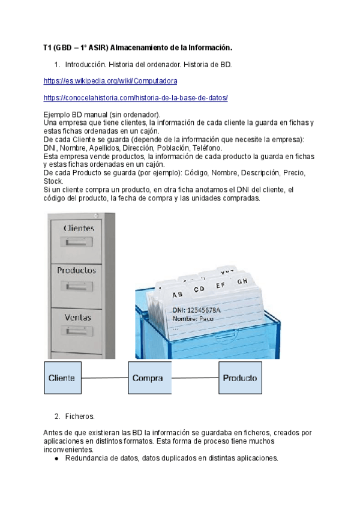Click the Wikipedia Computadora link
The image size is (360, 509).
coord(110,80)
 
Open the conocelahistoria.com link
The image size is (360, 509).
coord(136,97)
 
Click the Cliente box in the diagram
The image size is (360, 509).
coord(61,378)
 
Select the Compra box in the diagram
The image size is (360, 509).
coord(147,378)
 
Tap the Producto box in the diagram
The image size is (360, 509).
coord(240,378)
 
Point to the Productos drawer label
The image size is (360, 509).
coord(77,270)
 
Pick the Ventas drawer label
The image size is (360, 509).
coord(78,316)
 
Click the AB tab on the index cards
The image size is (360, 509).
coord(178,295)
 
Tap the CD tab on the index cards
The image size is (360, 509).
coord(198,289)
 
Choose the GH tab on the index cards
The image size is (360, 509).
coord(242,282)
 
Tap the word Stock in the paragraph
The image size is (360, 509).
coord(53,181)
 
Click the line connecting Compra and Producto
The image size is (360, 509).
coord(194,378)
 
